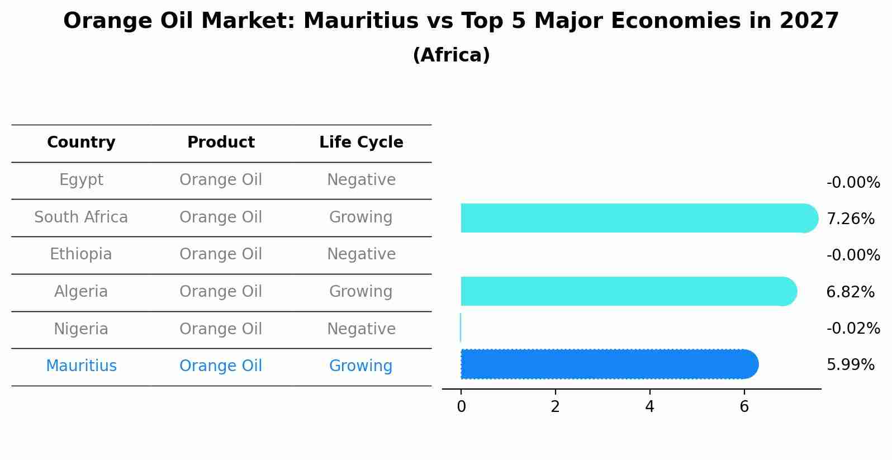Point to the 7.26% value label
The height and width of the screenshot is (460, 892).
850,219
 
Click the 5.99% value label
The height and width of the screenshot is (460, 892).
850,365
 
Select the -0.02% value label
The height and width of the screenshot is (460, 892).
853,328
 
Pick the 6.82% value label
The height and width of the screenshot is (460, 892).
850,292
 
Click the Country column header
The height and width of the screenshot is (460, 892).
81,143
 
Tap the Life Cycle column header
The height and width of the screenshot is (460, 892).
361,143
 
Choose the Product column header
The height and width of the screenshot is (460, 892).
221,143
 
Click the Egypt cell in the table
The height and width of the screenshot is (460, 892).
81,180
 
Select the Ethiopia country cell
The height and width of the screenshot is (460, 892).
81,254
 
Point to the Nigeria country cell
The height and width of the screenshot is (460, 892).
81,329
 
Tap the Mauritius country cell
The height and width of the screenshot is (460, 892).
81,366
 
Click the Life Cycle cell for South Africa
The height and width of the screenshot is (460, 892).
361,217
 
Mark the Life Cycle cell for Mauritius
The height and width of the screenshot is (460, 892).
361,366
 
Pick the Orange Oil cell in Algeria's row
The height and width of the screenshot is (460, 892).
221,292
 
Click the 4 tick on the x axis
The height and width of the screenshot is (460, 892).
649,407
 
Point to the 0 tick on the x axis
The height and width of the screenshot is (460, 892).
461,407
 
